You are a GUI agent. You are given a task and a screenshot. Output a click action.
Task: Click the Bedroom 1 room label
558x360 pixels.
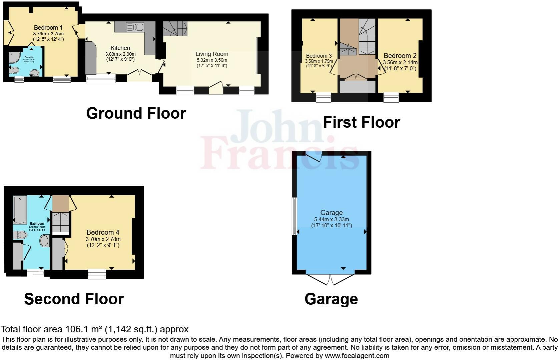48,28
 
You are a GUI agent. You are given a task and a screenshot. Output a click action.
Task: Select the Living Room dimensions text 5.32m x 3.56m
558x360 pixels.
212,60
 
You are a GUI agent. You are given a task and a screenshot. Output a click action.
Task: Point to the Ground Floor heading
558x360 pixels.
136,113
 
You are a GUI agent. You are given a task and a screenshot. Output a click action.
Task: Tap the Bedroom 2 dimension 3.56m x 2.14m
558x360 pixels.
400,62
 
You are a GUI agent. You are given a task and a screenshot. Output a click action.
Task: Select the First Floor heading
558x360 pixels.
361,122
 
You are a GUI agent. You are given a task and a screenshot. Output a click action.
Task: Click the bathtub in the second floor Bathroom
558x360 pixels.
20,210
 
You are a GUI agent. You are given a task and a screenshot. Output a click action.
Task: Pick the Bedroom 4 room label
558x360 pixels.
103,232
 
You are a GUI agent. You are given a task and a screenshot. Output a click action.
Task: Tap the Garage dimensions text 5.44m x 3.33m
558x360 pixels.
331,219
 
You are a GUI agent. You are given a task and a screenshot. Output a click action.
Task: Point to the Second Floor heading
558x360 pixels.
74,299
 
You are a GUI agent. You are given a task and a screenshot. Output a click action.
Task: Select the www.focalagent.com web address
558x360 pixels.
357,356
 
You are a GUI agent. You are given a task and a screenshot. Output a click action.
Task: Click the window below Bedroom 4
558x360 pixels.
97,274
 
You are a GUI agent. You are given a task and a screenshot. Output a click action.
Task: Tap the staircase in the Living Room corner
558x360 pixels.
175,29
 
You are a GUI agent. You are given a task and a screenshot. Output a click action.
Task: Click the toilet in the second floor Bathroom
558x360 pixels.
20,235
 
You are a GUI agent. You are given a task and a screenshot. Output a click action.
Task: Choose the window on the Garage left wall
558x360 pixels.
295,216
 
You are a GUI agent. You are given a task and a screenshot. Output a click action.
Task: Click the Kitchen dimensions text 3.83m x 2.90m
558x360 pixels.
120,54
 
